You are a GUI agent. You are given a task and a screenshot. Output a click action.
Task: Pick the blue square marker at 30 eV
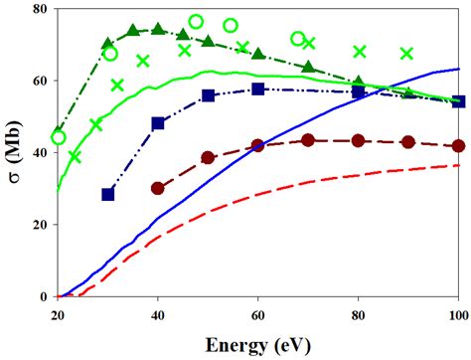click(108, 194)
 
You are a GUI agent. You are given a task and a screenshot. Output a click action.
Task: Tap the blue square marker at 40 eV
click(158, 123)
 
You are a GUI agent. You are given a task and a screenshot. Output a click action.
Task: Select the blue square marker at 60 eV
click(258, 90)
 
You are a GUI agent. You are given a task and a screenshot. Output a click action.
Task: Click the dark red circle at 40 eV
click(158, 188)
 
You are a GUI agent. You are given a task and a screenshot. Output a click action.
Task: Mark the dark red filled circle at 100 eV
click(457, 145)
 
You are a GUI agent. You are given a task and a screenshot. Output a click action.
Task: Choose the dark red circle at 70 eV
click(308, 140)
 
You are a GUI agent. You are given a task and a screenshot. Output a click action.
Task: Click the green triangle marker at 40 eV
click(158, 30)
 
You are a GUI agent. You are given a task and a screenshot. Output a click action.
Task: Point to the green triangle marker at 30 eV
click(108, 44)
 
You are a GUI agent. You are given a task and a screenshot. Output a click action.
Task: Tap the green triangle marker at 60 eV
click(258, 54)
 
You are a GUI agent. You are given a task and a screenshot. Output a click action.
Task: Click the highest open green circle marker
click(196, 21)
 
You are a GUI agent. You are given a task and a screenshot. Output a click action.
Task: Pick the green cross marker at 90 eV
click(406, 54)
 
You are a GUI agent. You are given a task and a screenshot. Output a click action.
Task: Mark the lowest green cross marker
click(75, 156)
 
